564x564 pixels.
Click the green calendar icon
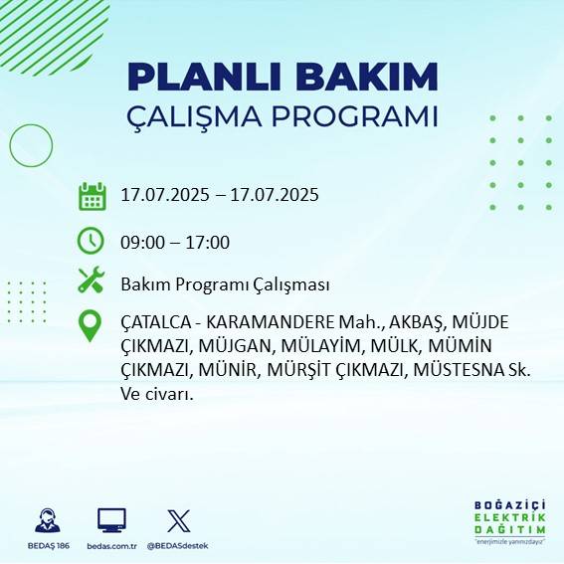point(92,196)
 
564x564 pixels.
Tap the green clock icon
point(92,241)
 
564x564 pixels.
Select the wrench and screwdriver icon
point(92,282)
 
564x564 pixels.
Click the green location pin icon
point(92,326)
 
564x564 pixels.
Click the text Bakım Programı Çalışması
point(225,284)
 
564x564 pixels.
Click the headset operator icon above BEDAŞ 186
point(46,520)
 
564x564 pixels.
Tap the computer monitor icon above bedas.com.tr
point(111,520)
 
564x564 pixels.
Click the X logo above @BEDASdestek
point(179,520)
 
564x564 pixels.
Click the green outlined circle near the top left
point(31,146)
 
